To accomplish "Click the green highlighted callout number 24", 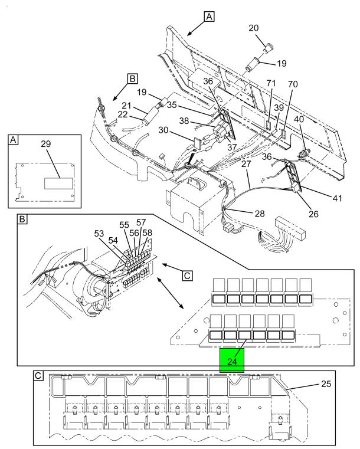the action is coord(232,362).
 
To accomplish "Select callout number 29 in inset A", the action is coord(46,144).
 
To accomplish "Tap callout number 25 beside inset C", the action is coord(326,384).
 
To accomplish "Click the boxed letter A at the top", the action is coord(210,17).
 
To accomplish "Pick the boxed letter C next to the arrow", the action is coord(187,276).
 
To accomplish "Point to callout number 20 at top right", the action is coord(253,28).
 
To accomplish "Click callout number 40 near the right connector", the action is coord(299,119).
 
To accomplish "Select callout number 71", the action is coord(271,83).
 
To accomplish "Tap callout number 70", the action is coord(293,84).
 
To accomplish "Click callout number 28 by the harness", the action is coord(260,214).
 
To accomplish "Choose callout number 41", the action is coord(337,198).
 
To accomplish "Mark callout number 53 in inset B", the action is coord(99,234).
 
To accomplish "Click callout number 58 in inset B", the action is coord(147,233).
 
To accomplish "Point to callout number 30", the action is coord(163,130).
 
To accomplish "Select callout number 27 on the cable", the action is coord(246,164).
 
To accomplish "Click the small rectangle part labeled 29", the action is coord(58,183).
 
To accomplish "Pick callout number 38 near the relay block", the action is coord(184,121).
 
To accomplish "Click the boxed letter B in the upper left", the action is coord(132,78).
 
